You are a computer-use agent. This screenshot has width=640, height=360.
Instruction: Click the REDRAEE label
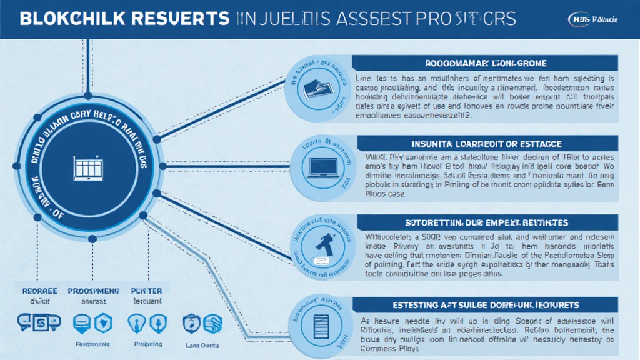click(39, 291)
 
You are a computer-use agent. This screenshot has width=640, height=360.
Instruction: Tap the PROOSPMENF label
click(93, 291)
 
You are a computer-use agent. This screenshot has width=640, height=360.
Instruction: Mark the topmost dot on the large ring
click(87, 96)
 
